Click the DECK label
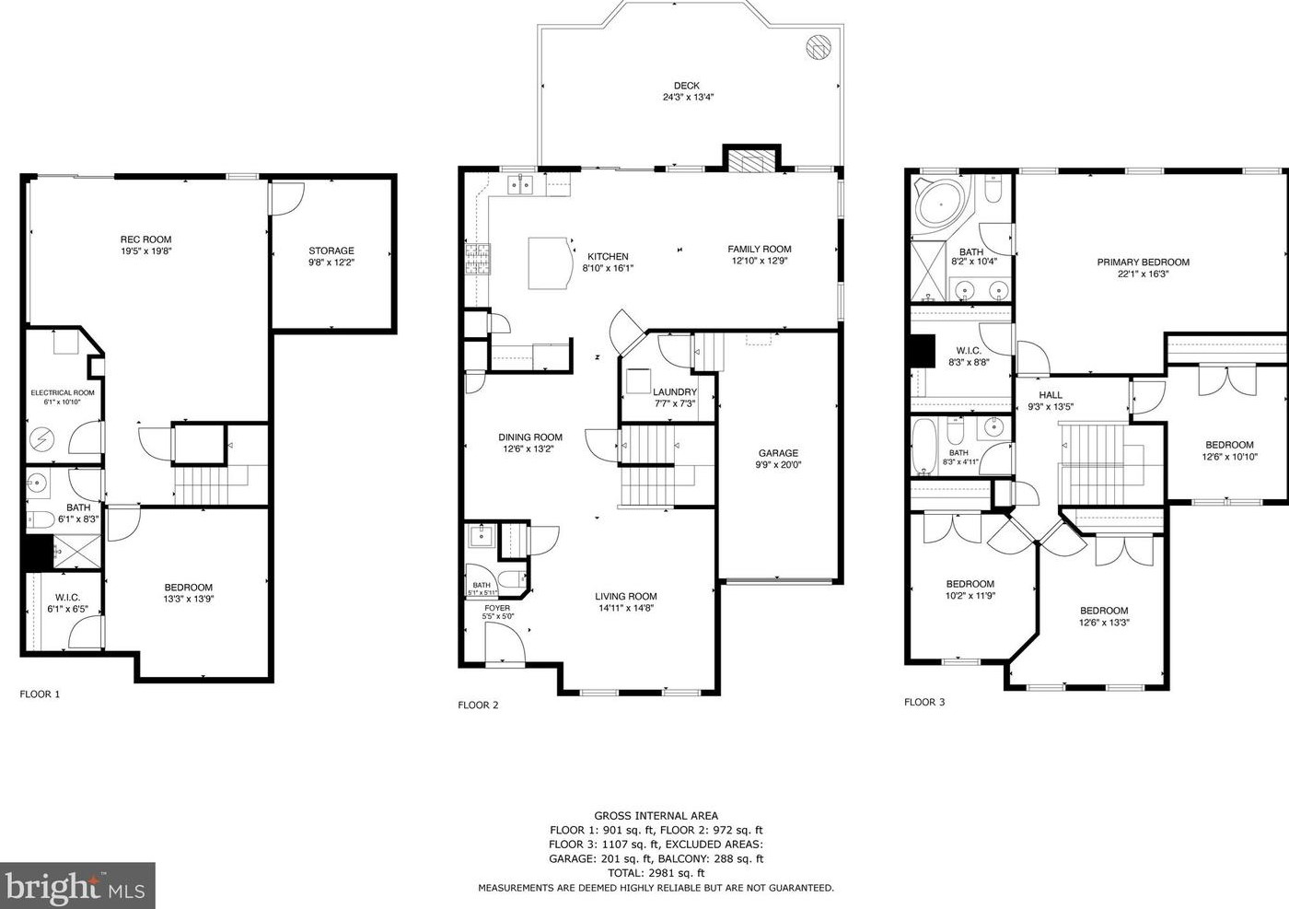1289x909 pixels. (687, 86)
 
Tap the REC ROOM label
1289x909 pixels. (145, 239)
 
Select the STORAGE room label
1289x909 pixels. (331, 251)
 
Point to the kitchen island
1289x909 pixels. (551, 262)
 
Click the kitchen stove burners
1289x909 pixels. (478, 259)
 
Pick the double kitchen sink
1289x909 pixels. (520, 185)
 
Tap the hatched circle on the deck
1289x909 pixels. (818, 47)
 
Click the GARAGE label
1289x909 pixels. (778, 453)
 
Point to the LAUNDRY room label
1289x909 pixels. (674, 392)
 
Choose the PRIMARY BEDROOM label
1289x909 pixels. (1143, 262)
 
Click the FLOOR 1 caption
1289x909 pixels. (40, 694)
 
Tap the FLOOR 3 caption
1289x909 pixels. (924, 702)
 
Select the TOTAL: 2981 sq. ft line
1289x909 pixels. (656, 873)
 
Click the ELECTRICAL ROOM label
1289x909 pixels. (63, 392)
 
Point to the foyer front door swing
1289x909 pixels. (505, 644)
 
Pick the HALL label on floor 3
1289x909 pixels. (1051, 395)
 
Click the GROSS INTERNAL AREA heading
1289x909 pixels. (656, 816)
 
